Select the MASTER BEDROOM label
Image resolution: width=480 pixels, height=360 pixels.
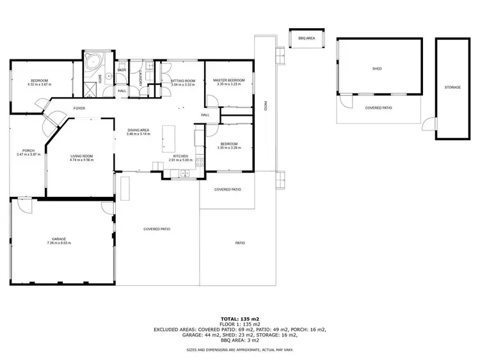228,80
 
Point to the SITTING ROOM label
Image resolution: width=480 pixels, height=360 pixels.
182,81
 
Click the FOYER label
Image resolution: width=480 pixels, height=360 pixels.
79,108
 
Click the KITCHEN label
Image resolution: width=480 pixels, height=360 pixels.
180,156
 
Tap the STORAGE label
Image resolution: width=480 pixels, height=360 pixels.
452,87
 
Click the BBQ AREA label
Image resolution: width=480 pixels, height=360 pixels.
307,38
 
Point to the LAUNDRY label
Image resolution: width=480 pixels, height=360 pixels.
140,78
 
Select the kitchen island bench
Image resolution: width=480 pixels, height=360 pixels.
169,135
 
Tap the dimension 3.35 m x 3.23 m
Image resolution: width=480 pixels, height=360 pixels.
228,84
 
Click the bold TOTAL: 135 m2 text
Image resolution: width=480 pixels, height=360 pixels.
240,318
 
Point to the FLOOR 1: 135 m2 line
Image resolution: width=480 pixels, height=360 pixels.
240,324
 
